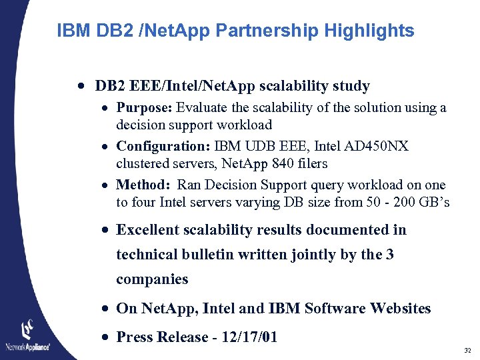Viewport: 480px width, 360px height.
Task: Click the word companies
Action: pos(152,279)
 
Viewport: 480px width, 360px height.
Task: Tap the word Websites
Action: pos(400,309)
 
